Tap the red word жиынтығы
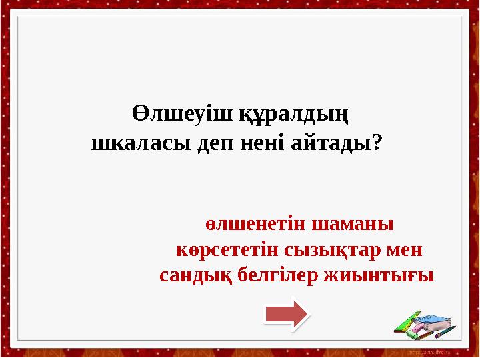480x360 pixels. [383, 275]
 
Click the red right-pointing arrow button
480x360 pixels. [286, 313]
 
